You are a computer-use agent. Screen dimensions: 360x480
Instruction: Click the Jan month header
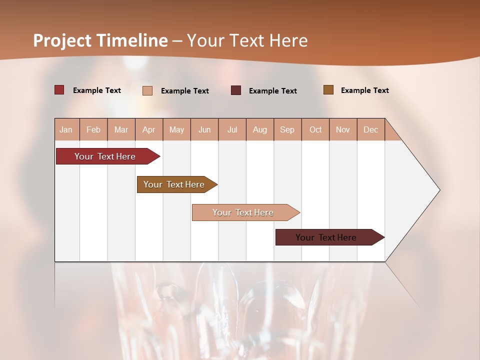click(66, 129)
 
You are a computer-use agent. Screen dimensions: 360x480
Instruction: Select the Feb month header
click(93, 129)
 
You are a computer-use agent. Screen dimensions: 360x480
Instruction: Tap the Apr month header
click(148, 129)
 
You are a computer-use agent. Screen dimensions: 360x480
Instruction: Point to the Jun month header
click(204, 129)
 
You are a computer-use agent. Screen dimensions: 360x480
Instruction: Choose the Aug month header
click(259, 129)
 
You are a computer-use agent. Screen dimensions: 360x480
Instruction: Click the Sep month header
click(287, 129)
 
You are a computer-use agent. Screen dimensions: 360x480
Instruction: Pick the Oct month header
click(315, 129)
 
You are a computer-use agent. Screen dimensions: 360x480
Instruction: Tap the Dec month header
click(370, 129)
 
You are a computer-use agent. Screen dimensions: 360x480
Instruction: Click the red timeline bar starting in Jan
click(105, 156)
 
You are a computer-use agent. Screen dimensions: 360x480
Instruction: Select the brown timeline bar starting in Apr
click(174, 184)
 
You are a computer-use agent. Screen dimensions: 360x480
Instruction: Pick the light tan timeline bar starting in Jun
click(243, 212)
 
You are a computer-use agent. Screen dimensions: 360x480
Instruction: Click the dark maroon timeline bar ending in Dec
click(326, 237)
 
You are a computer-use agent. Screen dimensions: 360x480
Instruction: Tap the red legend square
click(59, 90)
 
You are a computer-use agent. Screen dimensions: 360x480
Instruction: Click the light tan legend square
click(147, 90)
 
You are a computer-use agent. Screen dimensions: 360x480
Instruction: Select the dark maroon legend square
click(236, 90)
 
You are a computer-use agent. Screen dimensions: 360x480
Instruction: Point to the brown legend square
click(328, 90)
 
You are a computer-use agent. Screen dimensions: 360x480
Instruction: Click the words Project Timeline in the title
click(100, 40)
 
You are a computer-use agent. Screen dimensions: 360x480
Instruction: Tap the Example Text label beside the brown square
click(364, 90)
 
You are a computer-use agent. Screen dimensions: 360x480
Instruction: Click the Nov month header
click(343, 129)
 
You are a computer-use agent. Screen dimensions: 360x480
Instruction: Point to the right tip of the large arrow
click(438, 190)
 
